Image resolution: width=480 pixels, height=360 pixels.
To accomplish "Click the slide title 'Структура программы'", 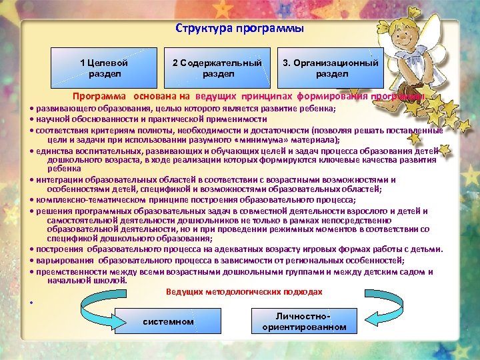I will pyautogui.click(x=239, y=29).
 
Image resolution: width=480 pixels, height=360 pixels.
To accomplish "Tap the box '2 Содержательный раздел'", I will pyautogui.click(x=217, y=68).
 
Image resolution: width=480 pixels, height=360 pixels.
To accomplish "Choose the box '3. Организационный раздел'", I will pyautogui.click(x=331, y=68).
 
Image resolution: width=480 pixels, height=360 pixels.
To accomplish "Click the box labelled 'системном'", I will pyautogui.click(x=169, y=322).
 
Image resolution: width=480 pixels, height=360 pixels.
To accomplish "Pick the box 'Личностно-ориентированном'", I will pyautogui.click(x=304, y=321).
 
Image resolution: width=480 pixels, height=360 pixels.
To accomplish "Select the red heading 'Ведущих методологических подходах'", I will pyautogui.click(x=244, y=292).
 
